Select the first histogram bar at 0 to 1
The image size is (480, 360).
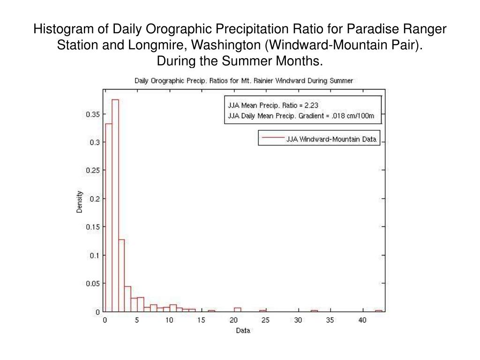tap(109, 217)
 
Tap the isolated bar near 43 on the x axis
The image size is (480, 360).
tap(379, 311)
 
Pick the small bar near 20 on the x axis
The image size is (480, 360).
tap(238, 309)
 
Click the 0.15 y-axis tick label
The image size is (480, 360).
tap(93, 227)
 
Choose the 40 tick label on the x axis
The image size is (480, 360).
tap(362, 320)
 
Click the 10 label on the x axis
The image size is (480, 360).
tap(169, 320)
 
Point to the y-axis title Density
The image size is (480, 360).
tap(79, 202)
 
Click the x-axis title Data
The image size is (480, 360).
tap(243, 330)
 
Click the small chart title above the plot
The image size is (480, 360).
tap(244, 81)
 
